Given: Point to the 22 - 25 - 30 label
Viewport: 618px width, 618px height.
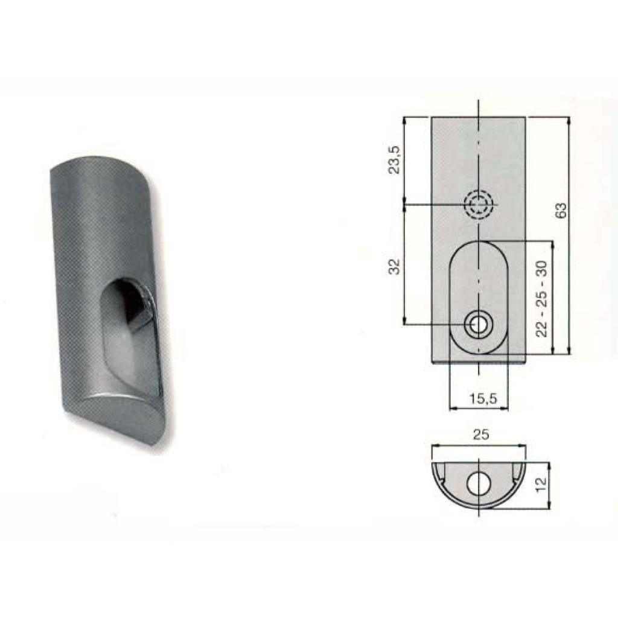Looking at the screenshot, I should pyautogui.click(x=541, y=298).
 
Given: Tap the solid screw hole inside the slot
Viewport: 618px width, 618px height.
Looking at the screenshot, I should pyautogui.click(x=479, y=325).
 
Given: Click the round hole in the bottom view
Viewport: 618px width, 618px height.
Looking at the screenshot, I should pyautogui.click(x=479, y=483).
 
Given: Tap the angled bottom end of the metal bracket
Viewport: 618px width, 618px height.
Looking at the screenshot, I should pyautogui.click(x=115, y=416).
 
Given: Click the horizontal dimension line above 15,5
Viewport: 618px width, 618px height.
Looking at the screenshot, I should pyautogui.click(x=479, y=409).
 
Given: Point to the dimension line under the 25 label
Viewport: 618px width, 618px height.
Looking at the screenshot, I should pyautogui.click(x=479, y=445).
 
